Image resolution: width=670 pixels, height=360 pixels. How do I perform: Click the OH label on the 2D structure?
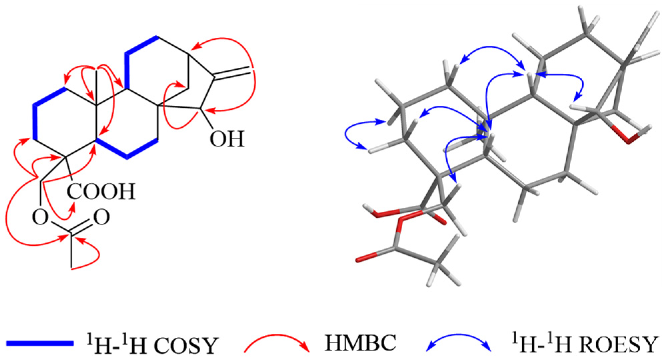pyautogui.click(x=227, y=139)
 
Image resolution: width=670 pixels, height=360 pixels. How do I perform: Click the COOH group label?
pyautogui.click(x=101, y=191)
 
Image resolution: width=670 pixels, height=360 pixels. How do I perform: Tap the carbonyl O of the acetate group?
pyautogui.click(x=102, y=217)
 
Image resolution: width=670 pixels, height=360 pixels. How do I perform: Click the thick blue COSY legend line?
pyautogui.click(x=40, y=343)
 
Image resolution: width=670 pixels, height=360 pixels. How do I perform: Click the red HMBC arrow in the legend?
pyautogui.click(x=277, y=342)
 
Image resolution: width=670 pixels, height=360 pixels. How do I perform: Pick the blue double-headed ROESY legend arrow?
pyautogui.click(x=459, y=342)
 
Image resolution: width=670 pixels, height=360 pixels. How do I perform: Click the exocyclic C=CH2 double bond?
pyautogui.click(x=232, y=73)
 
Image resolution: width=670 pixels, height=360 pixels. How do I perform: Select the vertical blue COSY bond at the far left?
pyautogui.click(x=35, y=122)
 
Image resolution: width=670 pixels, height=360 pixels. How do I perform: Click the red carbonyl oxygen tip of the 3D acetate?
pyautogui.click(x=362, y=259)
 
